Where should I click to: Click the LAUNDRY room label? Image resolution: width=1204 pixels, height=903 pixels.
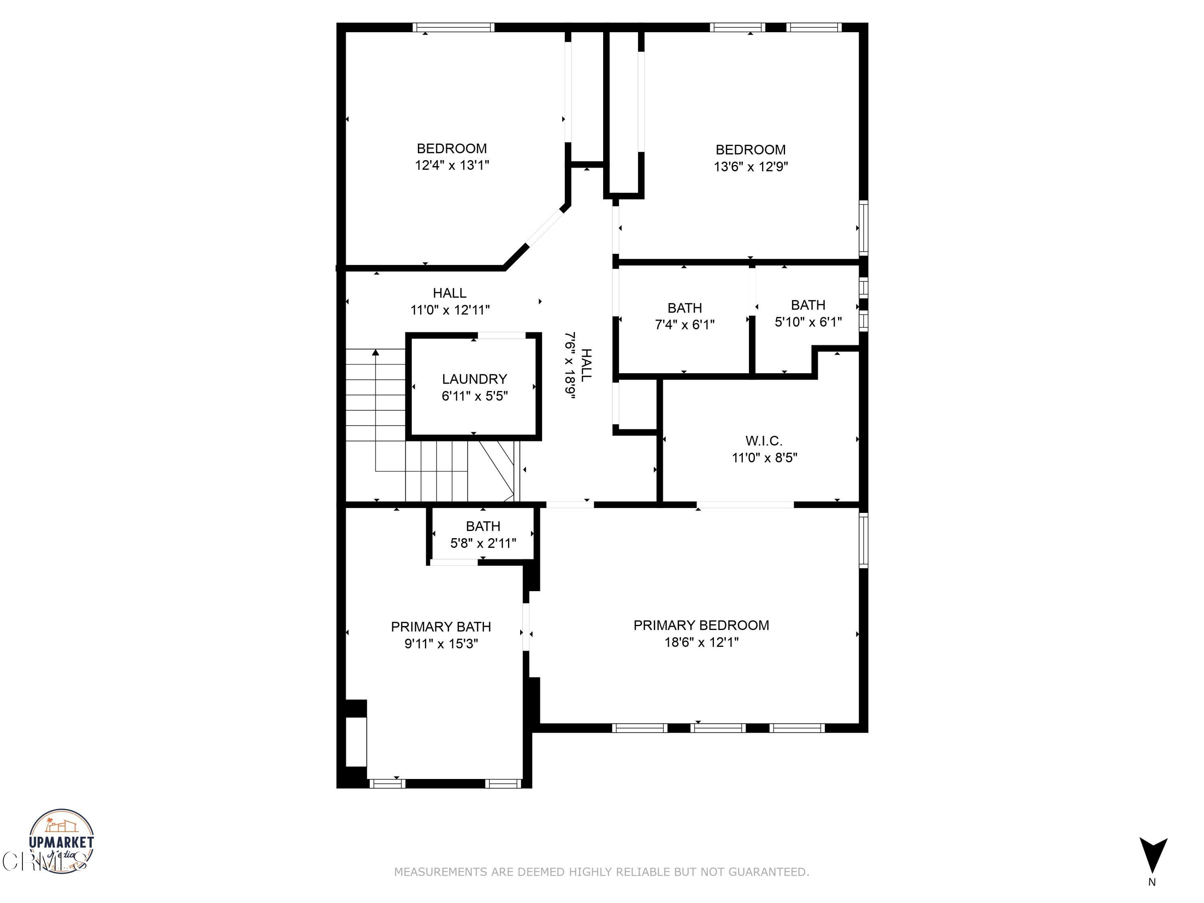(x=474, y=379)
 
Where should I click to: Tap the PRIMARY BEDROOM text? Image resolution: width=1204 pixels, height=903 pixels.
(x=701, y=625)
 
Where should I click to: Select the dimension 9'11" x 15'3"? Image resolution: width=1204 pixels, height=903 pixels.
(x=441, y=644)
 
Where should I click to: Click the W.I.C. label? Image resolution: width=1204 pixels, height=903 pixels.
(x=764, y=441)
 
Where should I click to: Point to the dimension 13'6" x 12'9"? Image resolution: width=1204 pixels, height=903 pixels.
(x=750, y=167)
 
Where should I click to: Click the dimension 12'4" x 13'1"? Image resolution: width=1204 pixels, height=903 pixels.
(x=452, y=165)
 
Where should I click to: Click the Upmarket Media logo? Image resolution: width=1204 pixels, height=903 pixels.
(x=61, y=841)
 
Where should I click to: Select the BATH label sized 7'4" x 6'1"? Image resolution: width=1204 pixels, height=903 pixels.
(x=684, y=308)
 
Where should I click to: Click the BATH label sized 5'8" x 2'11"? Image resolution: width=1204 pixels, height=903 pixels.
(x=483, y=526)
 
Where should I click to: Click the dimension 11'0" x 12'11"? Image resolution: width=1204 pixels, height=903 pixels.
(x=449, y=310)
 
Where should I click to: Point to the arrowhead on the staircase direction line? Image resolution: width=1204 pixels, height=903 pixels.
(x=376, y=353)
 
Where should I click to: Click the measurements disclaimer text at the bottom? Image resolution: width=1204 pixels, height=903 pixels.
(x=602, y=872)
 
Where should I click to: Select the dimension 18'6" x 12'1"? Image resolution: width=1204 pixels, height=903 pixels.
(x=701, y=642)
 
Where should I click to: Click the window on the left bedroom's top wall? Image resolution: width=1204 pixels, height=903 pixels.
(x=453, y=27)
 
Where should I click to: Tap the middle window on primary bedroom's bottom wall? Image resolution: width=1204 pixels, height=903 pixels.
(x=718, y=728)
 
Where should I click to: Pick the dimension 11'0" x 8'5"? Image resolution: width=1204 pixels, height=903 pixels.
(x=764, y=458)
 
